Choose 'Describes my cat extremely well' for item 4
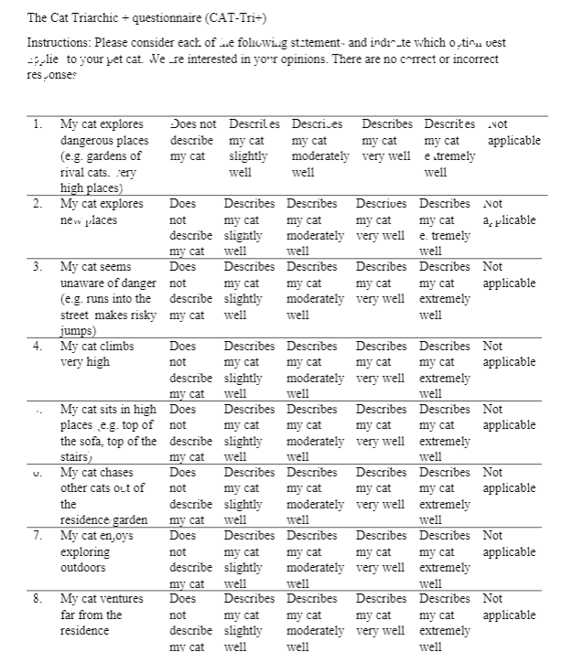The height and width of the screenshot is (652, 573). point(444,369)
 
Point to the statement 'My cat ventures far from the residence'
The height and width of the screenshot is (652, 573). point(102,615)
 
